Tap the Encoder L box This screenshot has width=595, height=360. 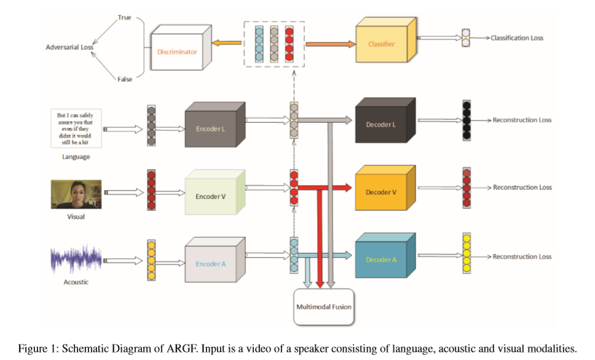(211, 129)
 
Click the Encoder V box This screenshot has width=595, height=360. (211, 197)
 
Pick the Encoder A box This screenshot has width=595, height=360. (211, 264)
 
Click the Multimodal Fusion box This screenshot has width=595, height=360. (323, 306)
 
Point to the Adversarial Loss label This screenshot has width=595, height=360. (68, 47)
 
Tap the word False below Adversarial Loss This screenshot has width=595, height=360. (125, 79)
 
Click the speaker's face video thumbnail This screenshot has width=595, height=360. (76, 194)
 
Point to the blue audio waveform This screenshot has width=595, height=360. (76, 260)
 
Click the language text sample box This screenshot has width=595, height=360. (76, 128)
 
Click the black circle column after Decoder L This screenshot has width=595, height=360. (467, 120)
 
